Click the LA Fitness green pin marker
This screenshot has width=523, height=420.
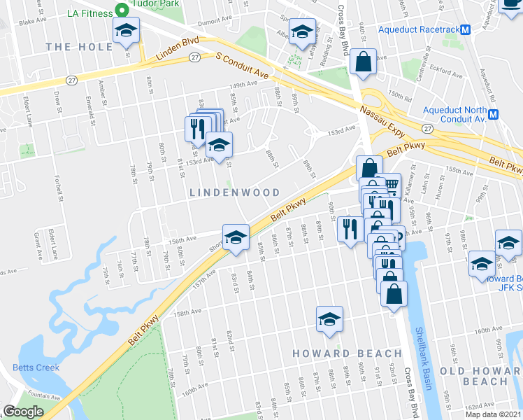121,10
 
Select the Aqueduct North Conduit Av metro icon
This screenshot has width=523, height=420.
494,114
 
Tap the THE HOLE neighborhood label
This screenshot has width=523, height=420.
79,47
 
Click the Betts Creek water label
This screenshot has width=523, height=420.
35,367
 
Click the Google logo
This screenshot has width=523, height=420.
22,412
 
